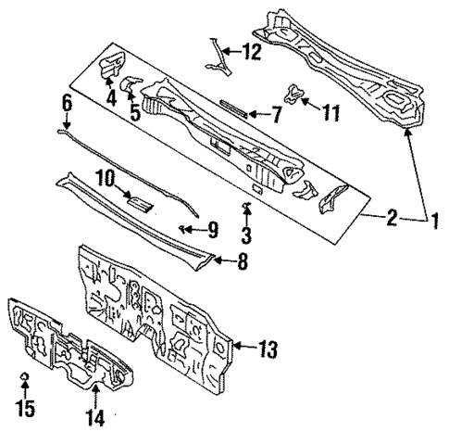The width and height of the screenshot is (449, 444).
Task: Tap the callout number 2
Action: tap(393, 219)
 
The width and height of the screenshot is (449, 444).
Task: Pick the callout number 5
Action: tap(135, 114)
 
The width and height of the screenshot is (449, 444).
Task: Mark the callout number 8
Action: tap(243, 263)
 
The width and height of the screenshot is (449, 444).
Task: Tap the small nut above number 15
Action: tap(26, 376)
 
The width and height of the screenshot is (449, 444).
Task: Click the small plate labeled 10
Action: tap(140, 202)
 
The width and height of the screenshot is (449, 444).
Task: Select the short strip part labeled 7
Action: tap(231, 108)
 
